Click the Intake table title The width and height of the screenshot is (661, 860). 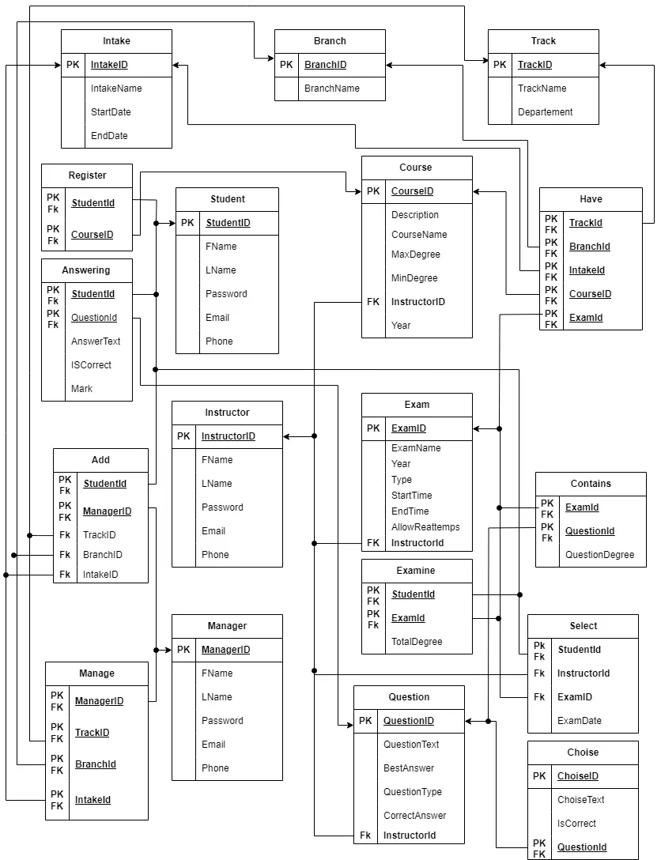coord(116,41)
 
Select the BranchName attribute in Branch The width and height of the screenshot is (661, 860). coord(332,89)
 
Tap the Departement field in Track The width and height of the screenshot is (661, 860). coord(545,112)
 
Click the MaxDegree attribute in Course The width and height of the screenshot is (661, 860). coord(415,255)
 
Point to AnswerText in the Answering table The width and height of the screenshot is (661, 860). coord(96,341)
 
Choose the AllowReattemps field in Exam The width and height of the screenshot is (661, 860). coord(425,527)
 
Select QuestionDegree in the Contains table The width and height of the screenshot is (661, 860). coord(599,555)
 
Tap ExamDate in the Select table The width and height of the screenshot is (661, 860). coord(579,721)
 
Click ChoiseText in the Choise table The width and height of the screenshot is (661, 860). coord(580,800)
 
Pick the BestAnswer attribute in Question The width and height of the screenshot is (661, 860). coord(409,768)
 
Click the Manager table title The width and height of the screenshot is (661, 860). coord(227,626)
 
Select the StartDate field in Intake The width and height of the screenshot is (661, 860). coord(111,112)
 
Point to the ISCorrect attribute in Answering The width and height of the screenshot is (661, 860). coord(91,365)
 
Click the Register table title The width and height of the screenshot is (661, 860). coord(87,175)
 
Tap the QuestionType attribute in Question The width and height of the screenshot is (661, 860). coord(412,792)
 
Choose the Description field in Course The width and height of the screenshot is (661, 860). coord(414,215)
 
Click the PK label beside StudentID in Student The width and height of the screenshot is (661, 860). coord(187,223)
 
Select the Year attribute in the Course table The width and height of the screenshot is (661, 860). coord(401,326)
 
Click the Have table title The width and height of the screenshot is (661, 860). coord(591,199)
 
